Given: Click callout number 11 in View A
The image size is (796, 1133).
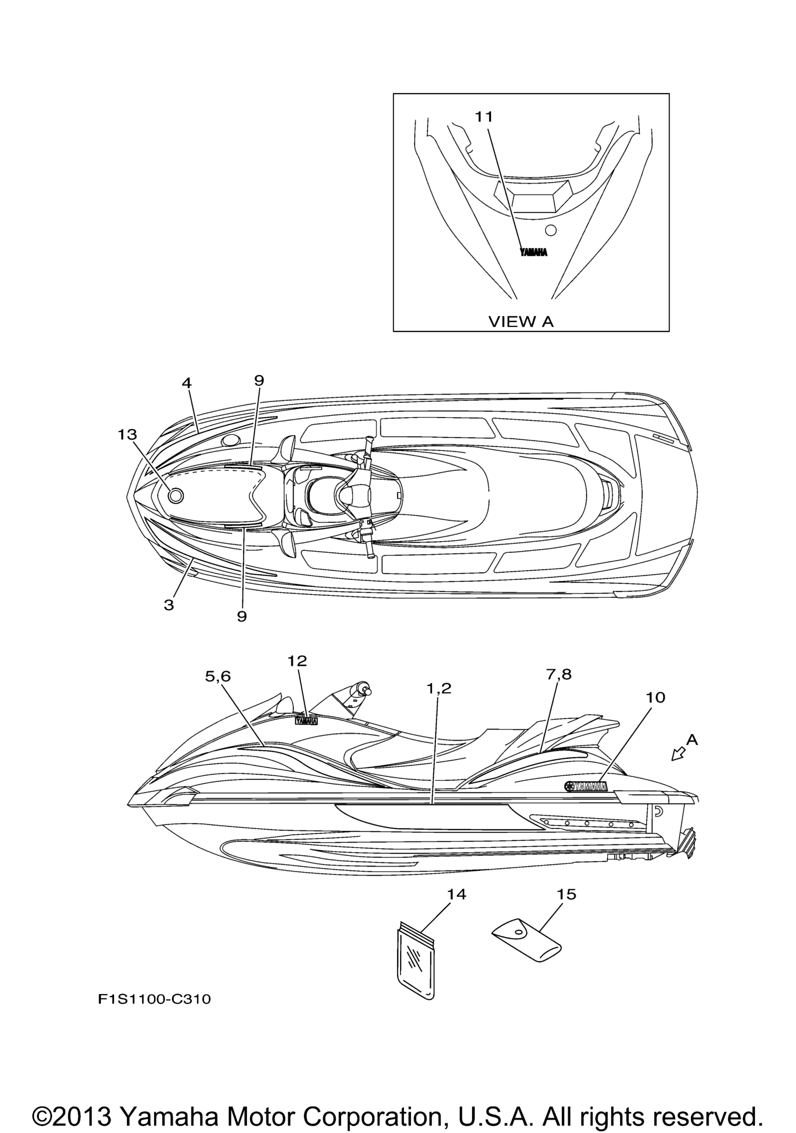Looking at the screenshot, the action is click(484, 117).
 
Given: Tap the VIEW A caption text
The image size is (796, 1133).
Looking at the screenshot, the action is click(521, 321).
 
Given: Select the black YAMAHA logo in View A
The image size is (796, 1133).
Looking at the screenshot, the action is click(534, 252).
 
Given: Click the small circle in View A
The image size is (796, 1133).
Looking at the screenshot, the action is click(551, 230).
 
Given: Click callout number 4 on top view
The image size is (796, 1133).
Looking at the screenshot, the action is click(187, 383).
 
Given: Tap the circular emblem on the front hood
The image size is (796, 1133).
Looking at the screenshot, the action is click(176, 495).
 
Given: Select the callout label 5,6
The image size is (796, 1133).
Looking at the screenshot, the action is click(218, 676).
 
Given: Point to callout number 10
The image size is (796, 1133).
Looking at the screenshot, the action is click(655, 697).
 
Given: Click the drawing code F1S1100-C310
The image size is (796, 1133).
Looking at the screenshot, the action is click(154, 997).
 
